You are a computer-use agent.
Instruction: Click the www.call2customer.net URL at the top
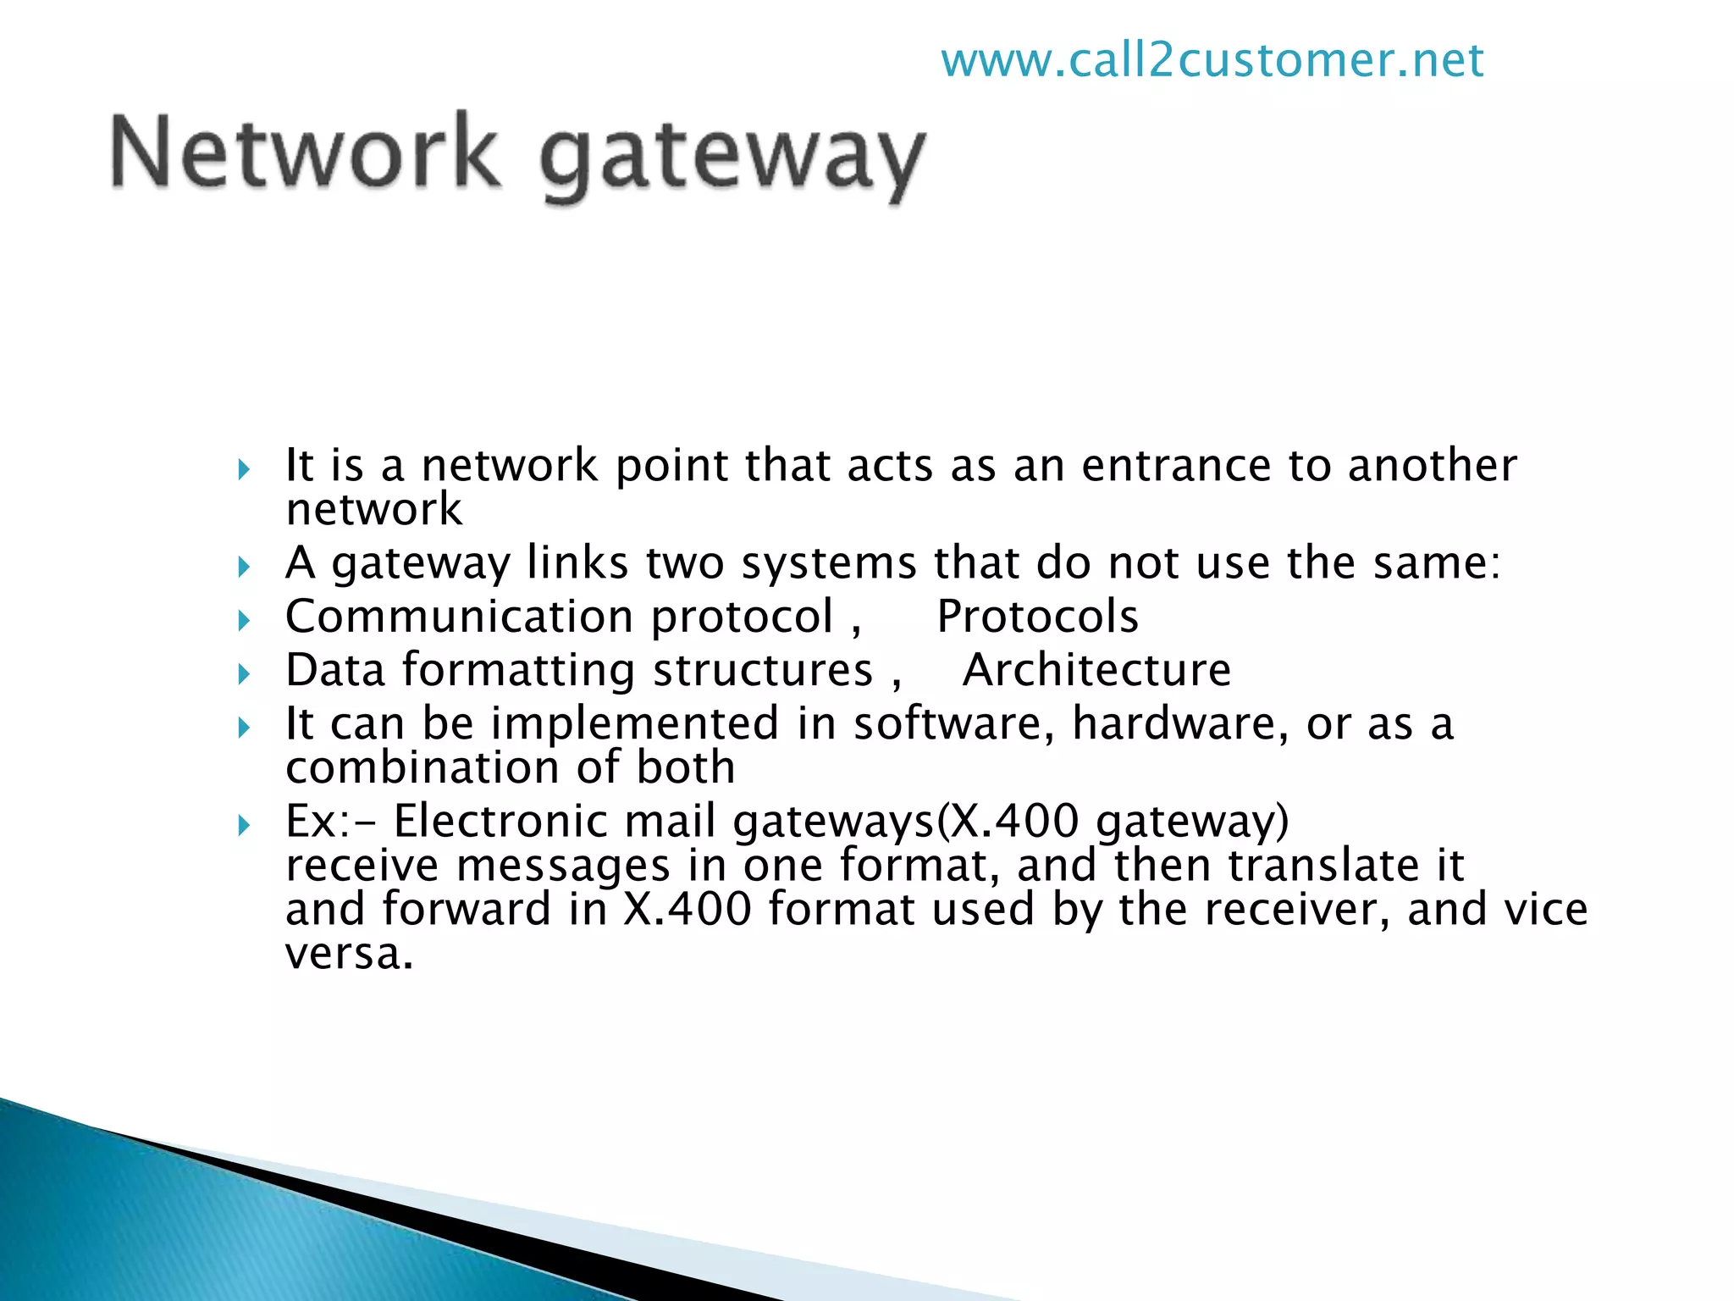pos(1212,60)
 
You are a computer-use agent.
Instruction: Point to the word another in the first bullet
pos(1433,465)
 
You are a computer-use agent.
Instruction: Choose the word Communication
pos(459,616)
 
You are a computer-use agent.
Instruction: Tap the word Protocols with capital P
pos(1037,616)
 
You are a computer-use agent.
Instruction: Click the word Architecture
pos(1096,670)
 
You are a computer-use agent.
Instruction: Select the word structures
pos(763,670)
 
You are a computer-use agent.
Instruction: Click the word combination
pos(422,767)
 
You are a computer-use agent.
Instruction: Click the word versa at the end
pos(349,954)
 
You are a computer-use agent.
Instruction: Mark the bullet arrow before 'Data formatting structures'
pos(244,674)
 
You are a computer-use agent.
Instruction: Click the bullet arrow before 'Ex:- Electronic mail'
pos(244,825)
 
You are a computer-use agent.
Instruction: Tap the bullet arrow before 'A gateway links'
pos(244,567)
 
